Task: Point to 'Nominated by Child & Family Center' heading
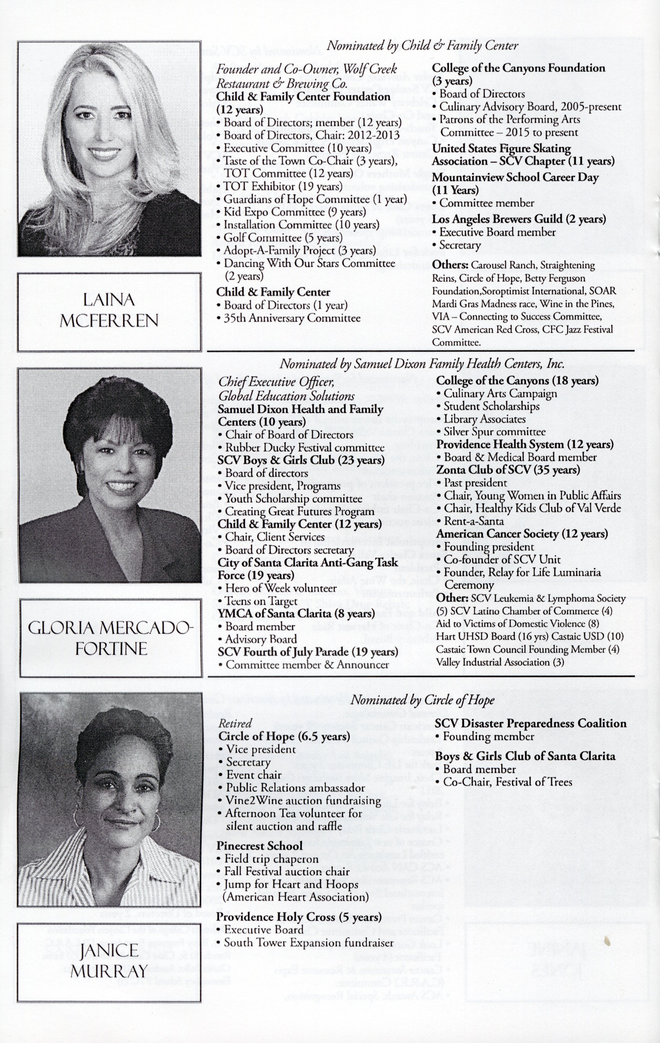click(x=422, y=46)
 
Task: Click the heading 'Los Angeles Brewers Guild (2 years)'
click(x=519, y=219)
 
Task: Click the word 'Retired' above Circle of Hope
click(x=235, y=723)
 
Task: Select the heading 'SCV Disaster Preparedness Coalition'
click(x=531, y=723)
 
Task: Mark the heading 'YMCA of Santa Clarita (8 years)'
click(x=296, y=613)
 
